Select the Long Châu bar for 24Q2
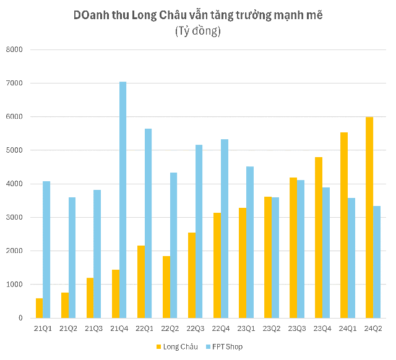(369, 217)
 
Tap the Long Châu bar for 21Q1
(40, 308)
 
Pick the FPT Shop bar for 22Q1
(148, 223)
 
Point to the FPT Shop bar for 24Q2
(376, 262)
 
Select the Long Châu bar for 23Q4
(318, 238)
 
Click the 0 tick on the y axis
(20, 318)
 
